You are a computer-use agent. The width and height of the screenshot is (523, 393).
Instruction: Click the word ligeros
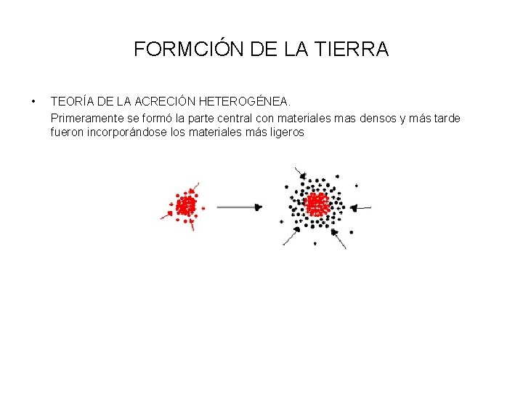(285, 133)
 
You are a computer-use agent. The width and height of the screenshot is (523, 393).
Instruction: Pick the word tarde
(445, 118)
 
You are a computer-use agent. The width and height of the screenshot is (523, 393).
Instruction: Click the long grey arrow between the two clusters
(238, 207)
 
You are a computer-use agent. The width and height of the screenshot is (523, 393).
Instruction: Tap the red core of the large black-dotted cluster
(317, 204)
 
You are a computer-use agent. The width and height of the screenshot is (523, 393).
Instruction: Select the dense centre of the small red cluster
(187, 205)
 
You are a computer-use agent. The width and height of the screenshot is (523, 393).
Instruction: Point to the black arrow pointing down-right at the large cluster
(299, 175)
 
